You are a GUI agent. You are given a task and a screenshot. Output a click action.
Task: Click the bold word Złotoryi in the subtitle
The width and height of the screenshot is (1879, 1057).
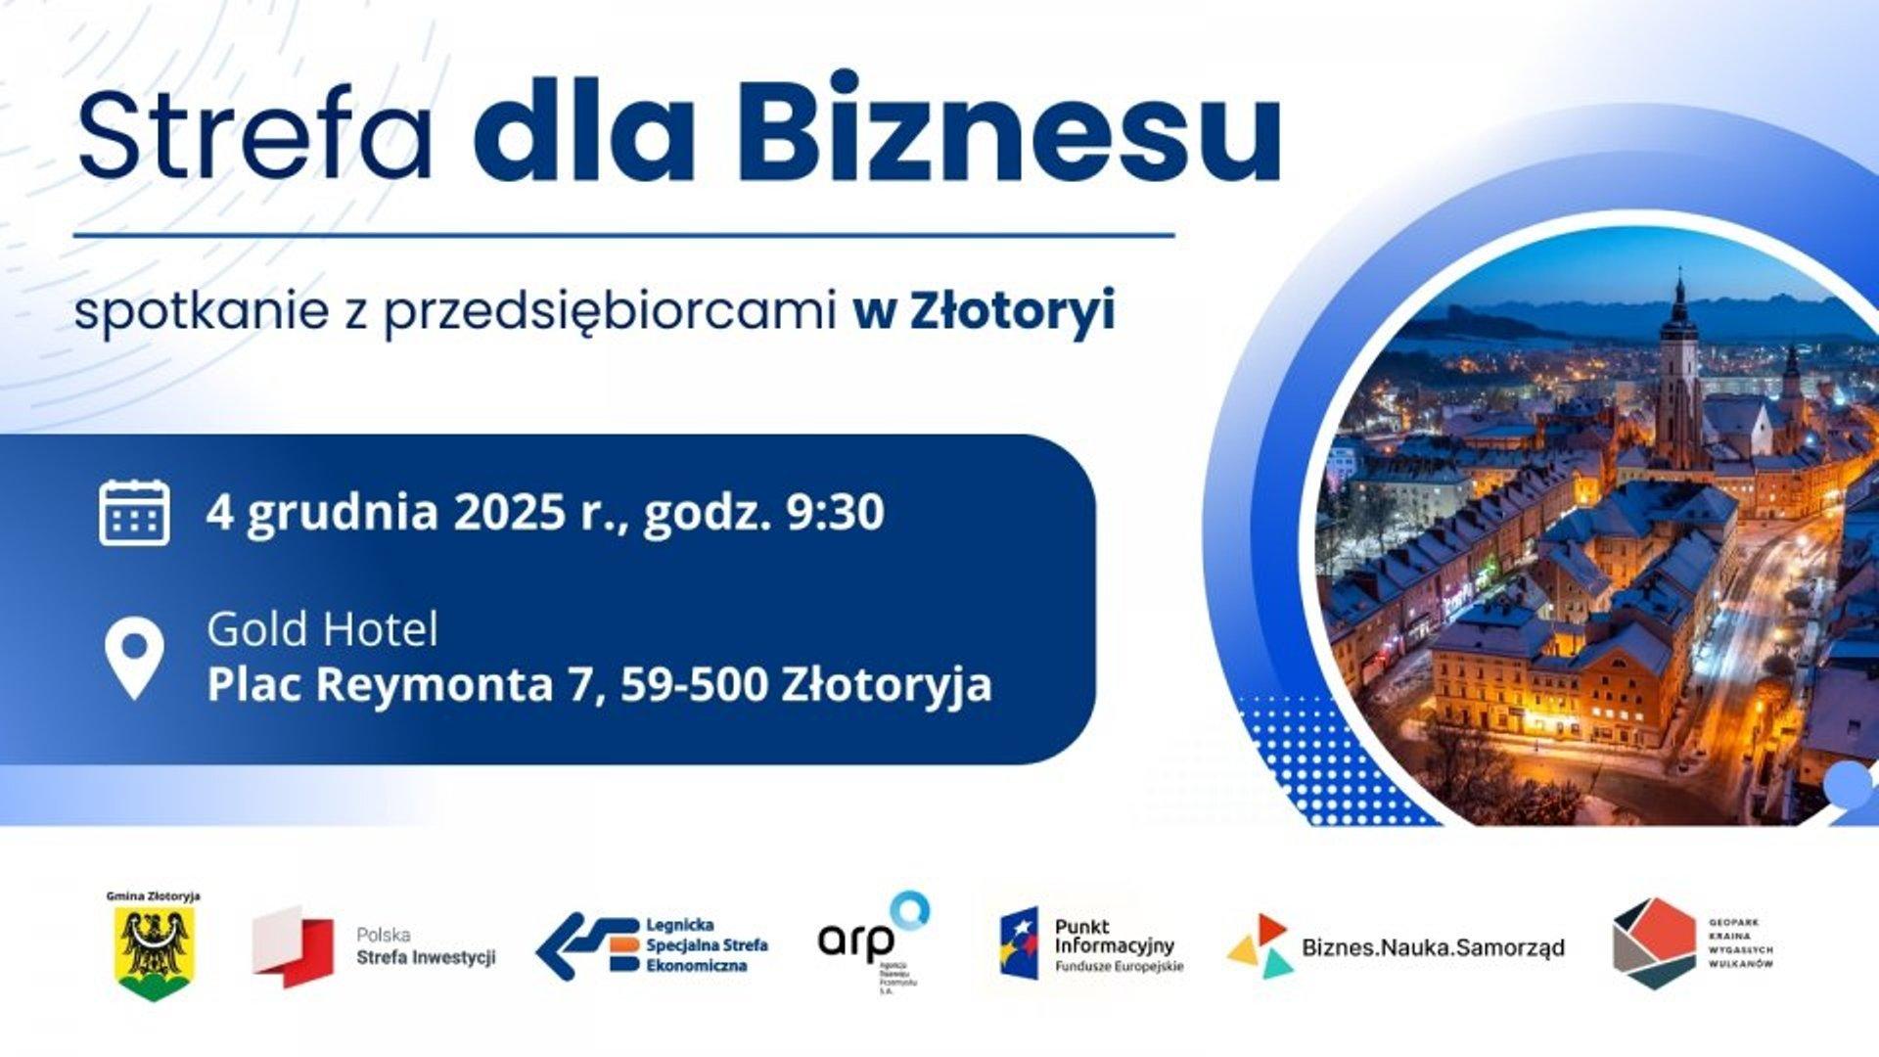(1012, 312)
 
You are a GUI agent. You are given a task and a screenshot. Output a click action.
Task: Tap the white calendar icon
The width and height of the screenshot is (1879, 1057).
(134, 512)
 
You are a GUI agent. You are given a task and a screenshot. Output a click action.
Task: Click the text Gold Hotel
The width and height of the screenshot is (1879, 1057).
(322, 629)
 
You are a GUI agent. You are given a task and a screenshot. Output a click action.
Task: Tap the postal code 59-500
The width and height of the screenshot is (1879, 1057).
(694, 684)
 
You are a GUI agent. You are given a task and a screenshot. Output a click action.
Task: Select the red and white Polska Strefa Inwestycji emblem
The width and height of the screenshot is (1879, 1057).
(292, 945)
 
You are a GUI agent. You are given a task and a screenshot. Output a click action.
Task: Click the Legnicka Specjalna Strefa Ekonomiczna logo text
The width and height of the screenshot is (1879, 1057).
(707, 945)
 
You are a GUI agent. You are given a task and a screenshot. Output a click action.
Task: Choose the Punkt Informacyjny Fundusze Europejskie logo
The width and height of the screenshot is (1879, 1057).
(1091, 945)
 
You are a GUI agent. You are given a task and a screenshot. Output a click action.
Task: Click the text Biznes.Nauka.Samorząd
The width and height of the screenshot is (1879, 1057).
(1433, 947)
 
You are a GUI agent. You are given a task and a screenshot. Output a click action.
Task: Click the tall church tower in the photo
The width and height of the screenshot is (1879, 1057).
(1678, 372)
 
